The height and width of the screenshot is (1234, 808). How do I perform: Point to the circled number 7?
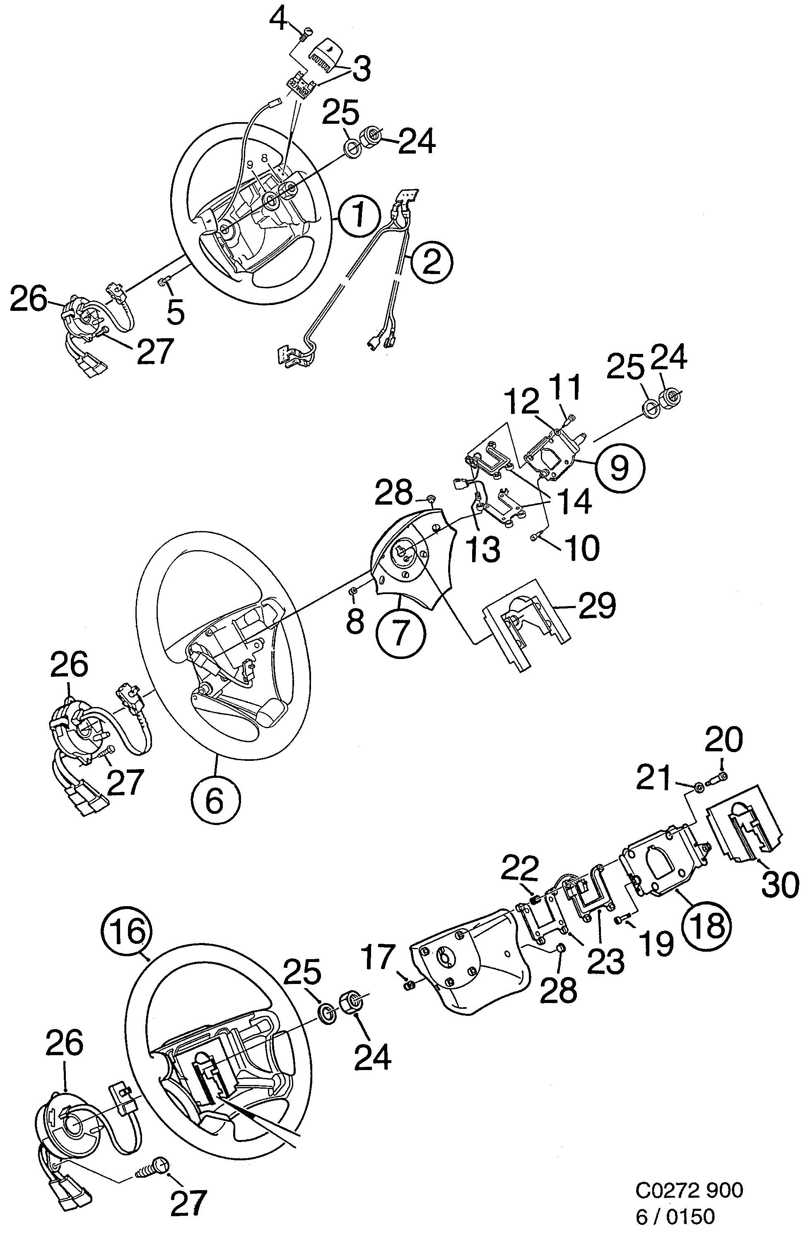(x=400, y=634)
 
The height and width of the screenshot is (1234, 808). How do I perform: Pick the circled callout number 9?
(x=619, y=467)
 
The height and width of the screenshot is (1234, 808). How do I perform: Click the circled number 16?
(x=128, y=931)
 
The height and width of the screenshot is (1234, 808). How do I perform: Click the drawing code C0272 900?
(x=689, y=1193)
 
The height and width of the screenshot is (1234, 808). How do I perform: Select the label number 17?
(x=378, y=957)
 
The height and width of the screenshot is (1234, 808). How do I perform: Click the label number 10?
(x=582, y=548)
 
